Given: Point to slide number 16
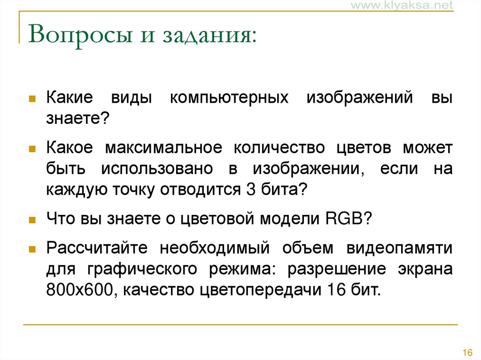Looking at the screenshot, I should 467,352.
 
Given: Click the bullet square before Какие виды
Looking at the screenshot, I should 32,100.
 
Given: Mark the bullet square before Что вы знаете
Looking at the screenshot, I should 32,220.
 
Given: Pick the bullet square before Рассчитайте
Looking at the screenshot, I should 32,249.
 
